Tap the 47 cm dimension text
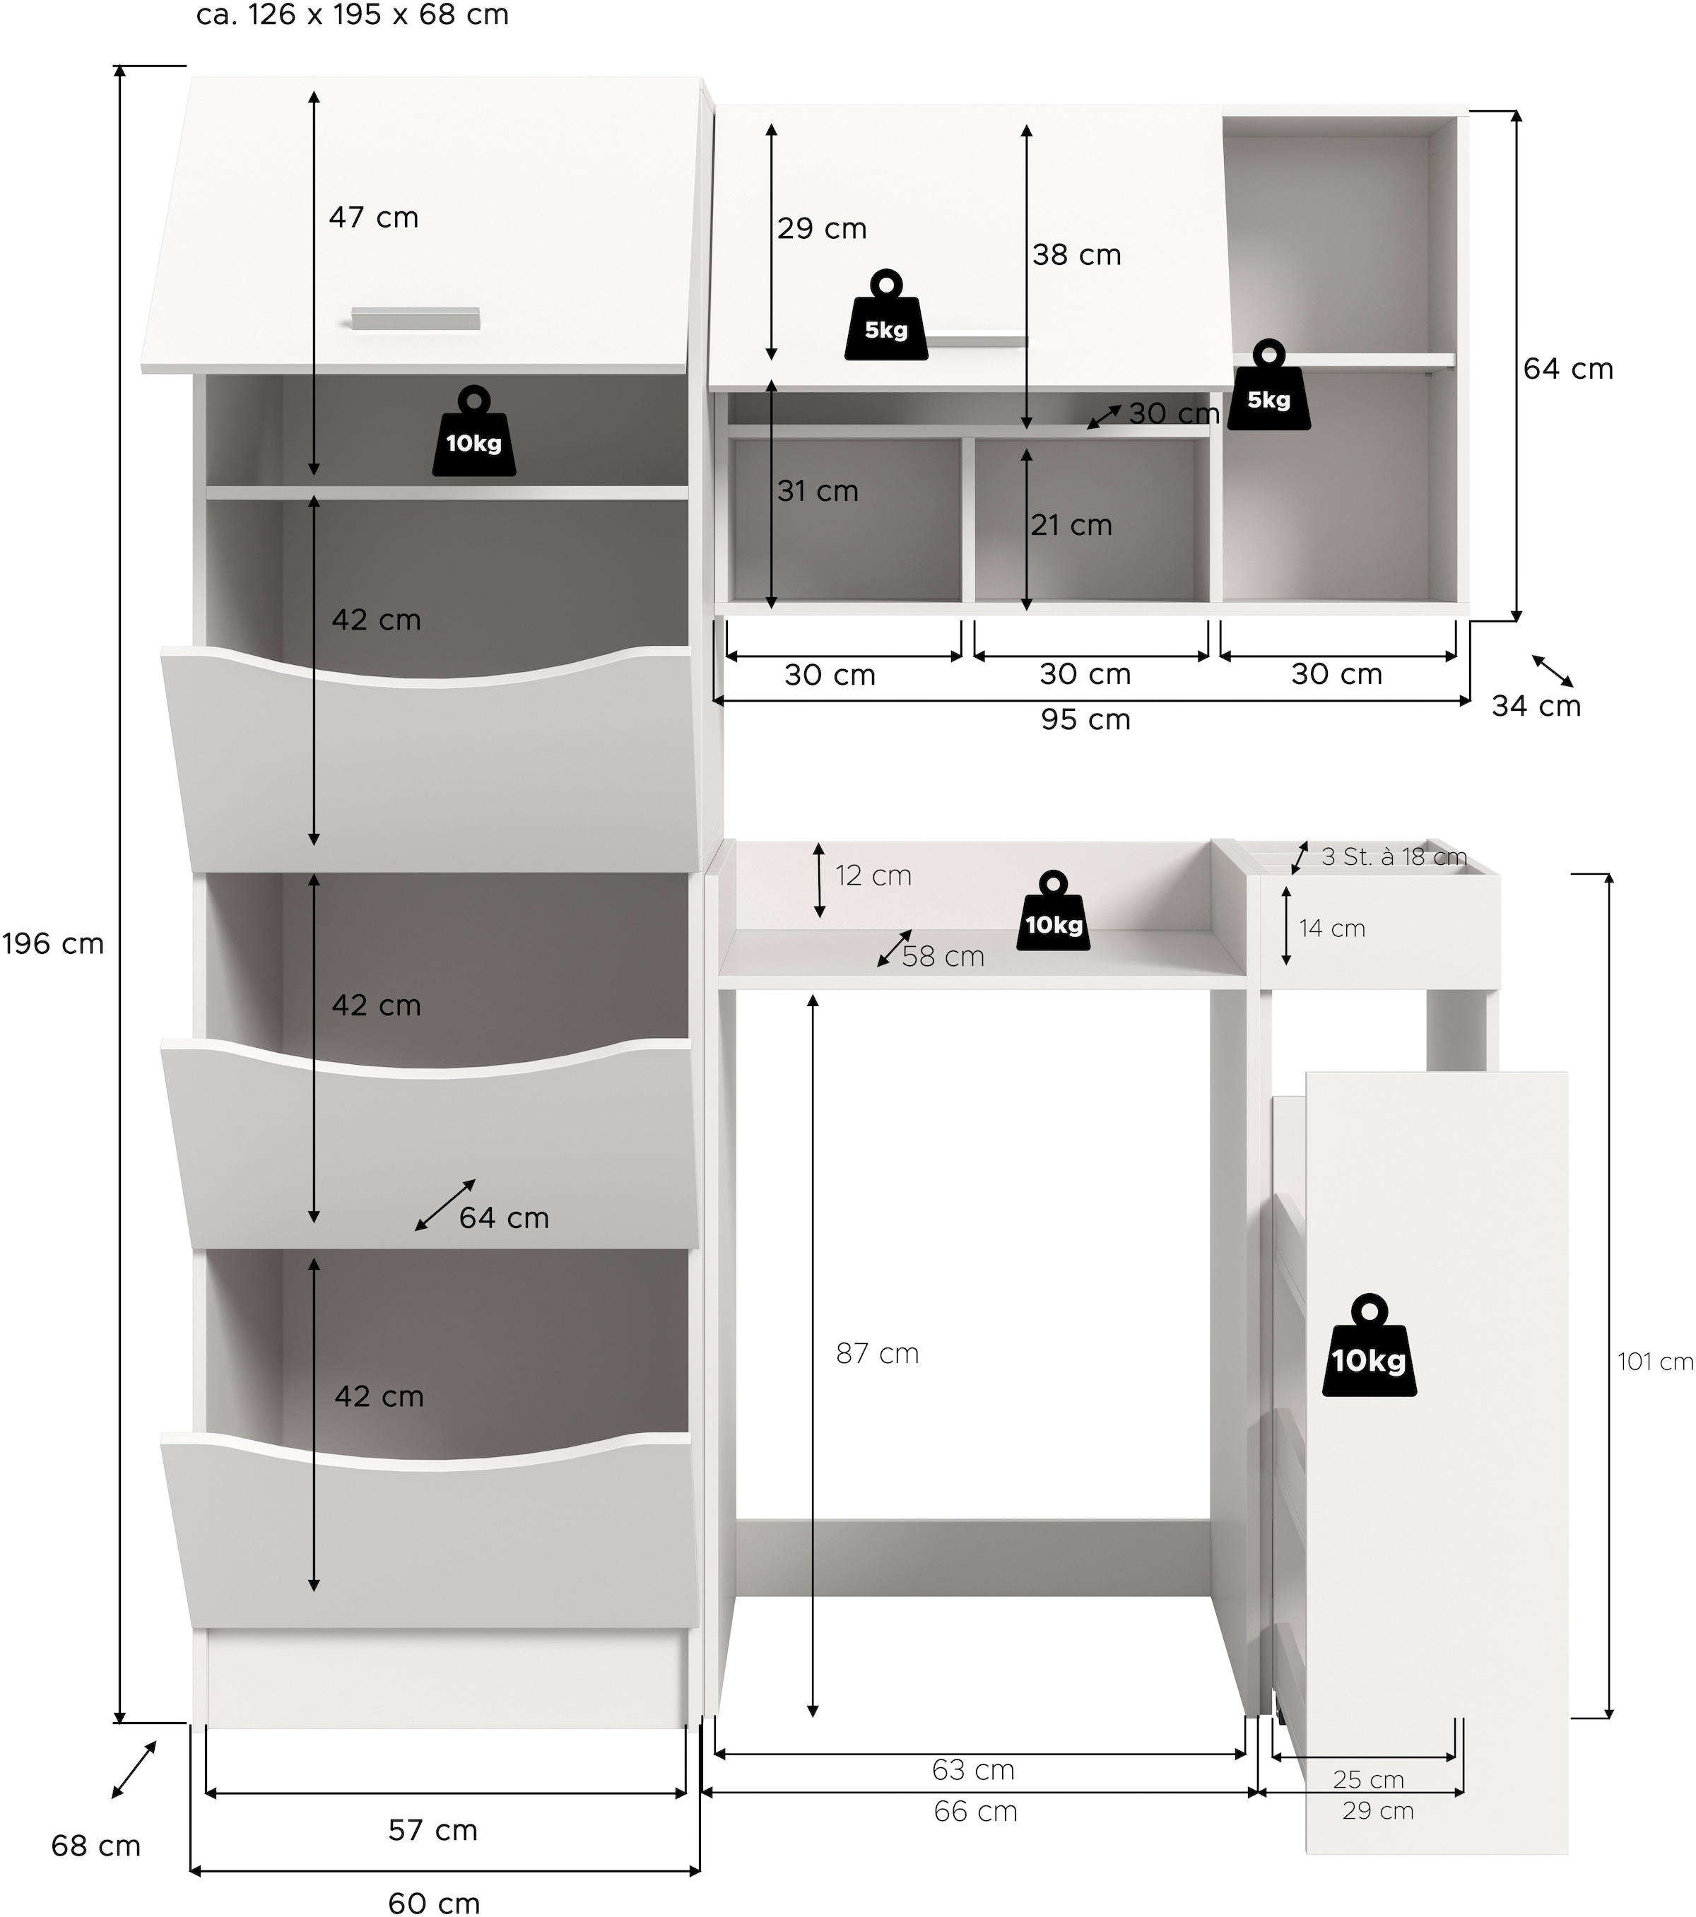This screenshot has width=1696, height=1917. pyautogui.click(x=373, y=218)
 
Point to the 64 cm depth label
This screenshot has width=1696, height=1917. pyautogui.click(x=504, y=1217)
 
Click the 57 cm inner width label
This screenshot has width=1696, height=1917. pyautogui.click(x=432, y=1830)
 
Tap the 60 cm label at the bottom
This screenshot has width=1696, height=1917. pyautogui.click(x=433, y=1902)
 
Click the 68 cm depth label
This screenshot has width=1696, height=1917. pyautogui.click(x=95, y=1846)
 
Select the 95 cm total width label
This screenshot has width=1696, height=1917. pyautogui.click(x=1085, y=719)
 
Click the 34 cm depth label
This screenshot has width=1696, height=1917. pyautogui.click(x=1536, y=705)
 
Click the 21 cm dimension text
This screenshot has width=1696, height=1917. pyautogui.click(x=1071, y=525)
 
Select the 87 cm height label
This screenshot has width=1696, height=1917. pyautogui.click(x=877, y=1353)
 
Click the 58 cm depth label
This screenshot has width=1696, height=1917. pyautogui.click(x=943, y=957)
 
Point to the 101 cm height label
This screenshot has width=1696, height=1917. pyautogui.click(x=1655, y=1361)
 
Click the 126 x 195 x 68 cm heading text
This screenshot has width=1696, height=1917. pyautogui.click(x=353, y=15)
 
